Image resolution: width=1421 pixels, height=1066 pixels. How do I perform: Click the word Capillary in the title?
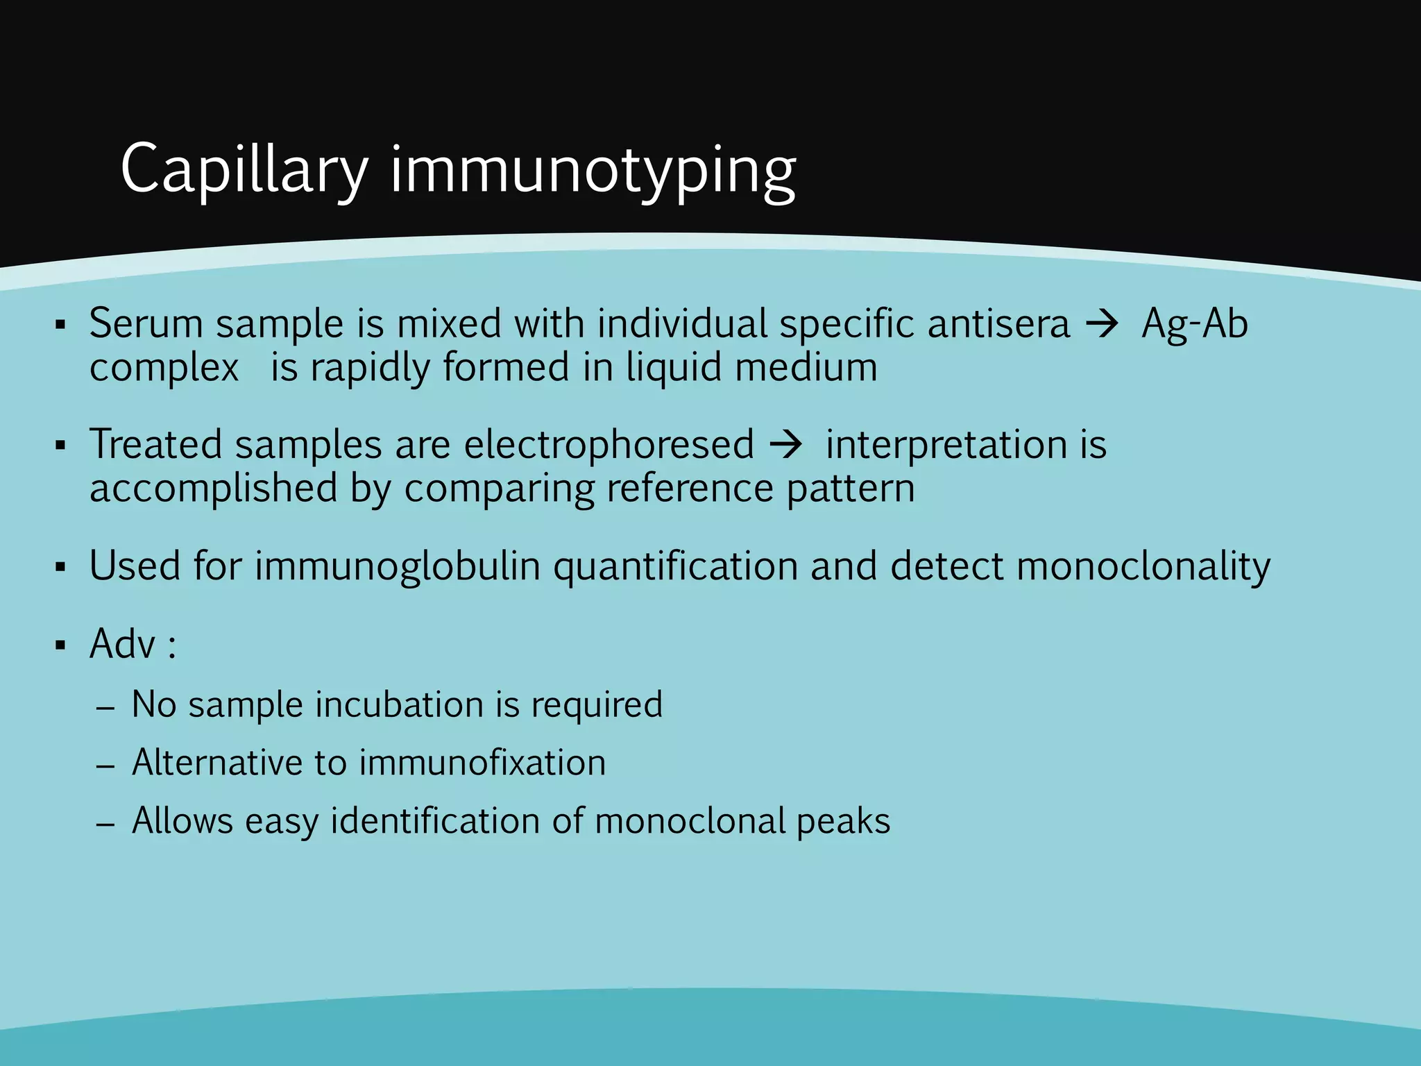pyautogui.click(x=244, y=170)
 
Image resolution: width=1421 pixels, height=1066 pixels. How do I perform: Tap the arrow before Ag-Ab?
pyautogui.click(x=1102, y=324)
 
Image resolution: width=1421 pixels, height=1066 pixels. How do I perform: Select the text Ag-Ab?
pyautogui.click(x=1195, y=324)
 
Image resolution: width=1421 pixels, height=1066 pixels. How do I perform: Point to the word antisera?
pyautogui.click(x=998, y=324)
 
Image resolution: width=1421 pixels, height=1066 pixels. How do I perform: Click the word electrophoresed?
pyautogui.click(x=609, y=444)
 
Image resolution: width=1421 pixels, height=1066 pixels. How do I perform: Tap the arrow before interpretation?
pyautogui.click(x=785, y=444)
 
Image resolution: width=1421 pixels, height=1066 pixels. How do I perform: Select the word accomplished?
pyautogui.click(x=213, y=489)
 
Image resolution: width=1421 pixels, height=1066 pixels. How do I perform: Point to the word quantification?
pyautogui.click(x=675, y=566)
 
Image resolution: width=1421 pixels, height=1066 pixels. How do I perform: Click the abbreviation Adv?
pyautogui.click(x=122, y=644)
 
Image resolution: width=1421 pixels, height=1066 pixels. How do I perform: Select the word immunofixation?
pyautogui.click(x=482, y=763)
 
